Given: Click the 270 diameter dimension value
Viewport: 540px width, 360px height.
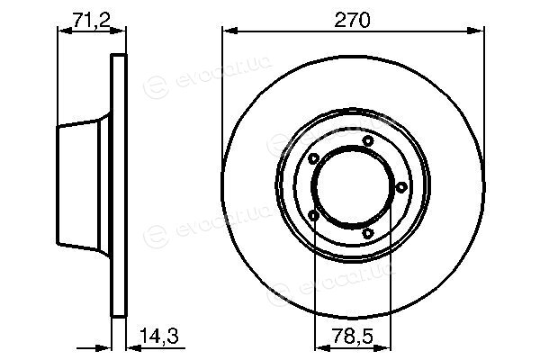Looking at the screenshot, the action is tap(352, 20).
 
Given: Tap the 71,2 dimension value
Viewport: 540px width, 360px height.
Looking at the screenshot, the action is tap(91, 20).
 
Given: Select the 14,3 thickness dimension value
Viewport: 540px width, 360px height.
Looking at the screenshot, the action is tap(159, 336).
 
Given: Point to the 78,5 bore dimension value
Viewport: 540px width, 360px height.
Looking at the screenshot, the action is tap(353, 336).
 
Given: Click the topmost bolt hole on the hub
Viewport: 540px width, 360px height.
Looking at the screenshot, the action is tap(368, 140).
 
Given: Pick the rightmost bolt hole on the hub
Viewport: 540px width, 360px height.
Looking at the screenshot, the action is tap(401, 187).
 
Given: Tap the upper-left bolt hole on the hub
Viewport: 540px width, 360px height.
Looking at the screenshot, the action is tap(313, 158).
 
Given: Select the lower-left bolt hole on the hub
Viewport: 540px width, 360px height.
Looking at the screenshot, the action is tap(313, 216).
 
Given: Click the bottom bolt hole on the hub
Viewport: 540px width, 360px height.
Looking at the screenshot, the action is tap(368, 234).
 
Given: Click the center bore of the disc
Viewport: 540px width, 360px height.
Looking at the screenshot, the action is tap(353, 187).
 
